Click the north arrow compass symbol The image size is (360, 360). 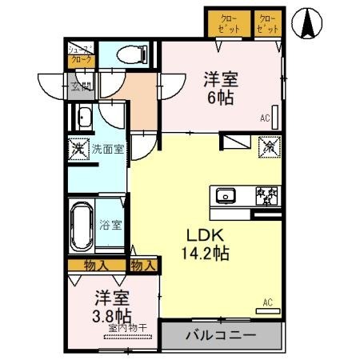308,23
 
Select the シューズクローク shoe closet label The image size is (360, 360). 81,56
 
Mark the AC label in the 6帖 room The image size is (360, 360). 265,118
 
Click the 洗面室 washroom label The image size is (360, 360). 106,148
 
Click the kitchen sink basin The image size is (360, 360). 225,196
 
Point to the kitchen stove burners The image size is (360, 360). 265,196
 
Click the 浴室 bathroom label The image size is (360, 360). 111,226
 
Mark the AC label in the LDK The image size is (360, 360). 267,302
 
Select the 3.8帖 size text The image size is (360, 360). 111,315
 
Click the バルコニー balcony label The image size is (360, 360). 222,334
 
